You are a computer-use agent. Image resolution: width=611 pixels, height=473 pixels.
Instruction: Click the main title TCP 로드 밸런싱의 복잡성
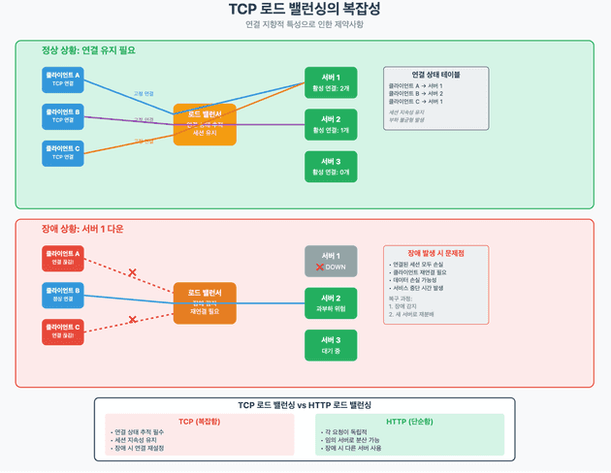coord(305,10)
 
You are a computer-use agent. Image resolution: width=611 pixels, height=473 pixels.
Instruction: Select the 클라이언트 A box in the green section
coord(63,79)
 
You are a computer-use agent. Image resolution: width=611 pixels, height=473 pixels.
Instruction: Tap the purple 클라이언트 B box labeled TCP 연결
coord(63,115)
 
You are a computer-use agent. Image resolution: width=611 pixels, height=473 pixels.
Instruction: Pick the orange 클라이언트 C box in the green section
coord(63,152)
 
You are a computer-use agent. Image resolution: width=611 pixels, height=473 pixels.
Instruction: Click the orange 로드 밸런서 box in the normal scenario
coord(205,124)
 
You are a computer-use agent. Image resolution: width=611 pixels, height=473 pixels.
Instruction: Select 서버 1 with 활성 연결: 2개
coord(331,82)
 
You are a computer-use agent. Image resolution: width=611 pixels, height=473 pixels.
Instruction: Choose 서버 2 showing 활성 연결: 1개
coord(331,124)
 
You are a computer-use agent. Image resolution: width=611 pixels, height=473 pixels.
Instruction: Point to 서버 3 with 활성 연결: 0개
coord(331,166)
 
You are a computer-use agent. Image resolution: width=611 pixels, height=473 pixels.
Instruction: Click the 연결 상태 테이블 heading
coord(435,75)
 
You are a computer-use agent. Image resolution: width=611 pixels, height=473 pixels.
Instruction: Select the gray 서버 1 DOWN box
coord(331,261)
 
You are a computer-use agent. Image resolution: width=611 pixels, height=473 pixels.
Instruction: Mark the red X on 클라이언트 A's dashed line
coord(132,272)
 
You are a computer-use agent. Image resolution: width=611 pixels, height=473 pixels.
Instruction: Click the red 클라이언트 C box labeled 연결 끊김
coord(63,331)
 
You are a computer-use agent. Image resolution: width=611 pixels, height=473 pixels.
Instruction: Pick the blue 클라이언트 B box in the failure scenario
coord(63,294)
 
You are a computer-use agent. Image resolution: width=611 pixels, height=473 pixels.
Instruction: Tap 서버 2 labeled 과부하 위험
coord(331,303)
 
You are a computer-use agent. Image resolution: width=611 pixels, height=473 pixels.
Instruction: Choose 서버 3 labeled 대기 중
coord(331,345)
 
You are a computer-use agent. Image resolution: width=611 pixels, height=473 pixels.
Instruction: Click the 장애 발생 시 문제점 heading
coord(435,252)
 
